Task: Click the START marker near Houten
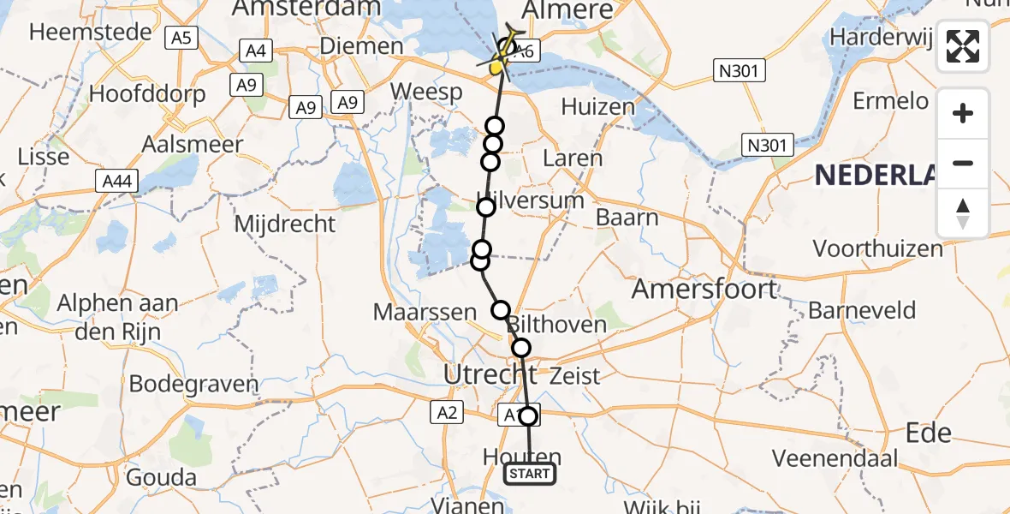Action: tap(530, 474)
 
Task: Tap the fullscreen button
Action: tap(963, 46)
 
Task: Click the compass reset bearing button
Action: tap(963, 213)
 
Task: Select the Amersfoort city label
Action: tap(704, 290)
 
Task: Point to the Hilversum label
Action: tap(531, 200)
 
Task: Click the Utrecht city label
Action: tap(490, 374)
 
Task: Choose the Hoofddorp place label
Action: tap(147, 93)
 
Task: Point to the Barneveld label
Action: tap(862, 310)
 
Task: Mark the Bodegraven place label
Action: tap(193, 384)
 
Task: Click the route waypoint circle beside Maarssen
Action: tap(501, 310)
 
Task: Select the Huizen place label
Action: tap(598, 108)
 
